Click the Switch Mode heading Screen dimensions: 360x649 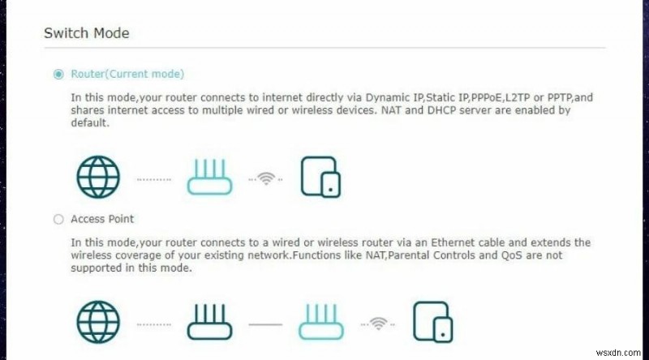pos(86,33)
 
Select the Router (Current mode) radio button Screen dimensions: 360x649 pos(58,75)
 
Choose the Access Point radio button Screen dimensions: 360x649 pos(58,219)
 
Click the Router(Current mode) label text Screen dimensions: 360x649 pos(127,75)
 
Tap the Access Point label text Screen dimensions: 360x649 pos(102,219)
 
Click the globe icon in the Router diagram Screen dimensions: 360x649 pos(98,176)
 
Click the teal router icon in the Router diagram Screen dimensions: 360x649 pos(210,176)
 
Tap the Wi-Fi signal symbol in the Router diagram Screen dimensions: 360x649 pos(266,178)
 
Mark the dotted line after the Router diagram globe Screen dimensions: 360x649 pos(153,178)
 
